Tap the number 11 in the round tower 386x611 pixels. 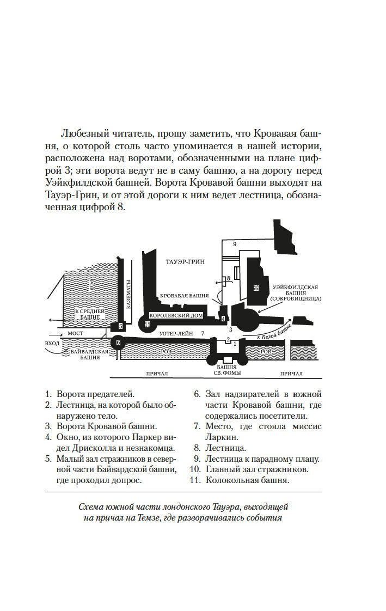point(147,324)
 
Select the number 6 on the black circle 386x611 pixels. point(118,343)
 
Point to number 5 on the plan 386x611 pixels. point(121,326)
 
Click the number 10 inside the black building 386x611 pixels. point(256,288)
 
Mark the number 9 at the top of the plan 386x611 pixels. point(235,245)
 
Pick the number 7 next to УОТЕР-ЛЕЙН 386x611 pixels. point(203,333)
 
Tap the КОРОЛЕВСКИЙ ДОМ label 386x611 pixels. point(176,315)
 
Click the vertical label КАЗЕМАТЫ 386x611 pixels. point(129,295)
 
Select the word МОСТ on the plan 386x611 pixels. point(76,334)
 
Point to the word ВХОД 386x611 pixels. point(52,343)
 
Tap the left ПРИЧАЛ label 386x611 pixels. point(157,374)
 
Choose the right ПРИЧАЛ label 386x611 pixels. point(291,374)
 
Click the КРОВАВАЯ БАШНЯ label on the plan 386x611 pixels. point(185,296)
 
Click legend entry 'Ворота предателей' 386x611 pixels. point(95,394)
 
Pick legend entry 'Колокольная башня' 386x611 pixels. point(247,480)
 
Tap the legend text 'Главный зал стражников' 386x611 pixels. point(256,469)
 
